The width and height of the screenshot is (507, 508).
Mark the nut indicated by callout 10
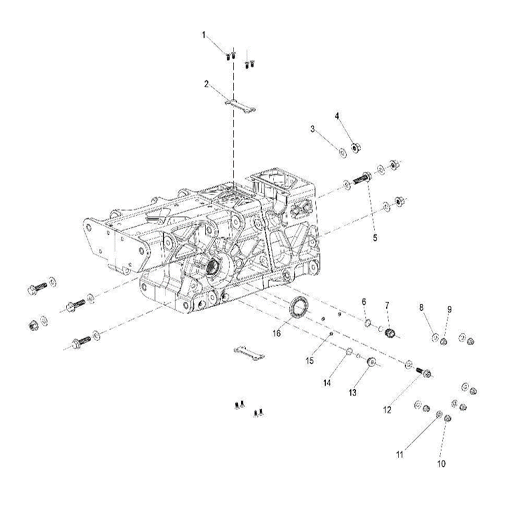(448, 419)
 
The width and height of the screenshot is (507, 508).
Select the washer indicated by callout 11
(438, 415)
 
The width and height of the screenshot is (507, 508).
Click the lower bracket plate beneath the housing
(249, 351)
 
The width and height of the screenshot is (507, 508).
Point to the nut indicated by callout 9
(444, 341)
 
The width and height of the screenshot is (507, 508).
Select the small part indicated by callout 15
(332, 334)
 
